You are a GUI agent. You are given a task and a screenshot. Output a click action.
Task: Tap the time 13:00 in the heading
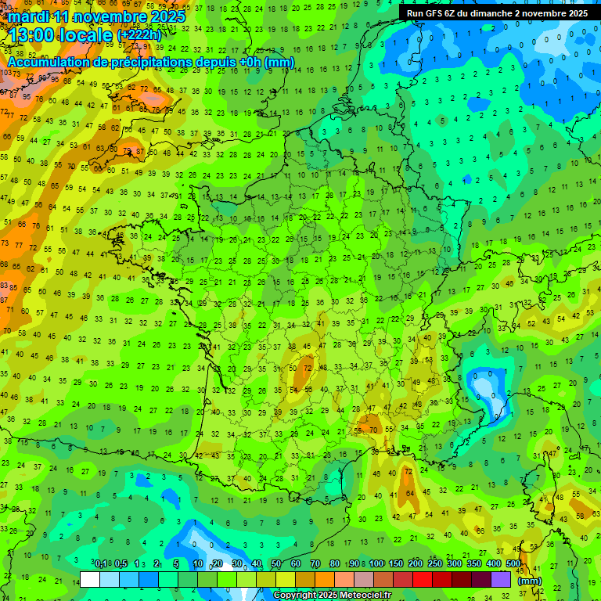point(32,34)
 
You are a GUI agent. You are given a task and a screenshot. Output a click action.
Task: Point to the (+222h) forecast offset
point(139,34)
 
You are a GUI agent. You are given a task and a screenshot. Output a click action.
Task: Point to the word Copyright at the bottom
point(297,596)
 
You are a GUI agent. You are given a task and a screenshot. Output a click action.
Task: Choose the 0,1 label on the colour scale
point(101,564)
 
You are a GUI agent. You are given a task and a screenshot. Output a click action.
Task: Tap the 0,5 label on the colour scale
point(121,564)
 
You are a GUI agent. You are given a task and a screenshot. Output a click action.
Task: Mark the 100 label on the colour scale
point(376,564)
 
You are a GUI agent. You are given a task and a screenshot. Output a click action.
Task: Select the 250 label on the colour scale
point(434,564)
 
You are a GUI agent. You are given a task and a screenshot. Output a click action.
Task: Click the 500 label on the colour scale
point(513,564)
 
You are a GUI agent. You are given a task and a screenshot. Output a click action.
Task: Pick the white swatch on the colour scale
point(90,579)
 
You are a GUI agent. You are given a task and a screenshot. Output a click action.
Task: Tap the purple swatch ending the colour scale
point(501,579)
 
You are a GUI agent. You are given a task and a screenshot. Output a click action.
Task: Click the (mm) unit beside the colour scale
point(530,581)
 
